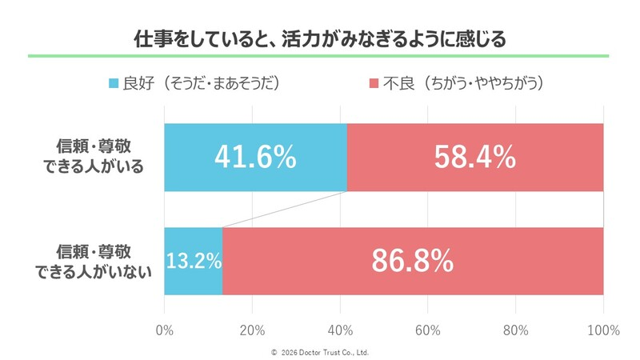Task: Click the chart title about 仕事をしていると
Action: click(320, 39)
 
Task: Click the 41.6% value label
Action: click(255, 158)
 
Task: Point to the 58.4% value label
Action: click(474, 158)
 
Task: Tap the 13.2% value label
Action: click(193, 261)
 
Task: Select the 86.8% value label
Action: click(413, 261)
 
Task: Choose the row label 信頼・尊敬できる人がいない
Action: click(94, 261)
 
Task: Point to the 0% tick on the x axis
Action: click(164, 330)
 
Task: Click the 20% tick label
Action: click(252, 330)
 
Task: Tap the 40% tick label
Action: click(340, 330)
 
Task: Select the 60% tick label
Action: click(428, 330)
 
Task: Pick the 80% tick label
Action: click(516, 330)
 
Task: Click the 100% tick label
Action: click(603, 330)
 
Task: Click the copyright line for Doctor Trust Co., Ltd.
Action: click(320, 352)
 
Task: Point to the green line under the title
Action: click(320, 56)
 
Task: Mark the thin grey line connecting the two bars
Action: click(285, 210)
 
